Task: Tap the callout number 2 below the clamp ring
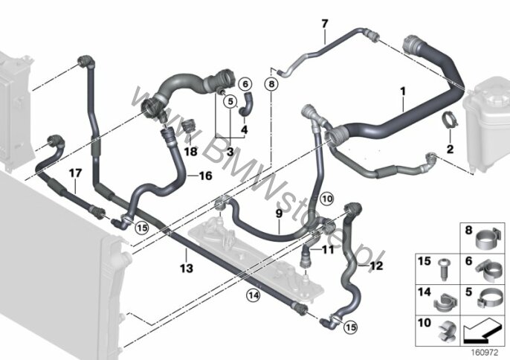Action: (x=449, y=150)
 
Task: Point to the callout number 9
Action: (x=279, y=214)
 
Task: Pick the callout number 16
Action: (x=206, y=176)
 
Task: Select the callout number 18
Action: (x=189, y=151)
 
